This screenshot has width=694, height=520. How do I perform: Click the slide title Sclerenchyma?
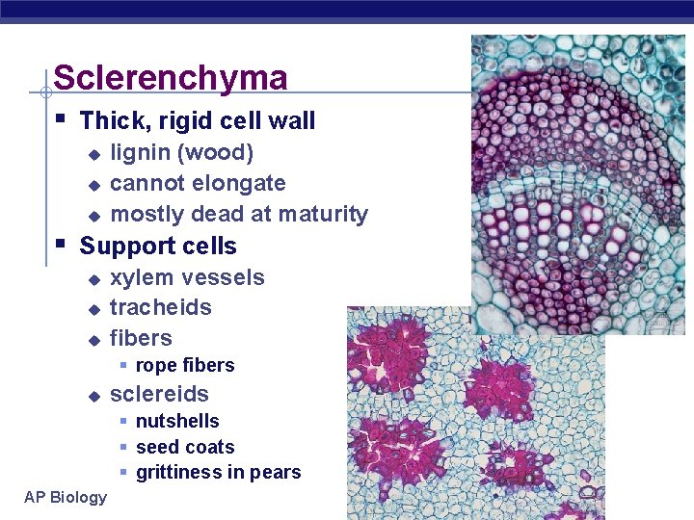[x=171, y=78]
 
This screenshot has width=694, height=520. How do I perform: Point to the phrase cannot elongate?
[x=198, y=183]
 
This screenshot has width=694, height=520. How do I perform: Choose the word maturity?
[x=323, y=214]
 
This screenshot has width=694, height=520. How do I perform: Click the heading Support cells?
[x=158, y=246]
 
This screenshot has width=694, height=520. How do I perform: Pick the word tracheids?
[x=160, y=307]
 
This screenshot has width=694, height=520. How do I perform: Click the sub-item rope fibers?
[x=185, y=365]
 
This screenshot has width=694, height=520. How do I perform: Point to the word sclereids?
[x=159, y=394]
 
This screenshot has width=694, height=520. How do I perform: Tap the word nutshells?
[x=177, y=421]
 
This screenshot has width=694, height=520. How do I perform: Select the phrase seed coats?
[x=185, y=447]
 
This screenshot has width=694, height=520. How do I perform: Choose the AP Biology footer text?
[x=67, y=497]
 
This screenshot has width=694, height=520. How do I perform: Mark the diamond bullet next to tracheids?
[x=93, y=309]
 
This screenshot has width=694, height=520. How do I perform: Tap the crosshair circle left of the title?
[x=45, y=93]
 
